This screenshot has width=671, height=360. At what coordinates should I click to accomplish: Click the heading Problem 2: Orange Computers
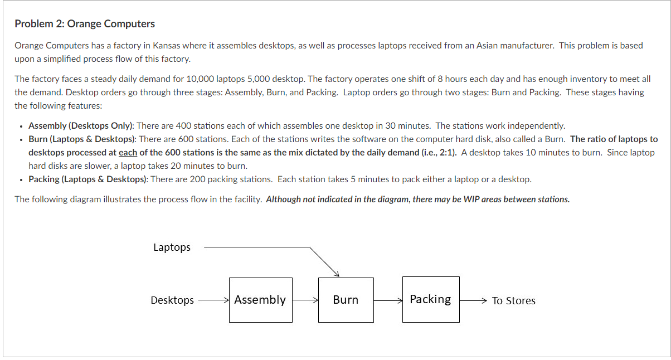click(x=85, y=24)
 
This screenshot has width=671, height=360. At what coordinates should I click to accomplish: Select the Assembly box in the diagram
click(x=260, y=300)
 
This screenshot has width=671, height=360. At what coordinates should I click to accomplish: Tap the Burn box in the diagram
click(x=346, y=300)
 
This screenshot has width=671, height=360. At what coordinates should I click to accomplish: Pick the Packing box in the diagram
click(x=431, y=299)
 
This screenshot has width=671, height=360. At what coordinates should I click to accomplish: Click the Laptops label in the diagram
click(x=172, y=247)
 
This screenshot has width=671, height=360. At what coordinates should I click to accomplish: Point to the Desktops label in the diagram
click(x=172, y=300)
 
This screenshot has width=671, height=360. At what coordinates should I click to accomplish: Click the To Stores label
click(x=513, y=301)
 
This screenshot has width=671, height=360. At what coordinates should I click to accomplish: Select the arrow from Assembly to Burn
click(x=305, y=300)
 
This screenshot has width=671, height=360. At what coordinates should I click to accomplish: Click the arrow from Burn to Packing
click(x=388, y=300)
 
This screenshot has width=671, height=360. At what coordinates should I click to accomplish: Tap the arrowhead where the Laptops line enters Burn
click(x=336, y=273)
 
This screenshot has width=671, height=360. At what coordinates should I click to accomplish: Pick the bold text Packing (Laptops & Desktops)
click(x=87, y=179)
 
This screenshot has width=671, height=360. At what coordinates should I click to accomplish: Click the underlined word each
click(x=128, y=153)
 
